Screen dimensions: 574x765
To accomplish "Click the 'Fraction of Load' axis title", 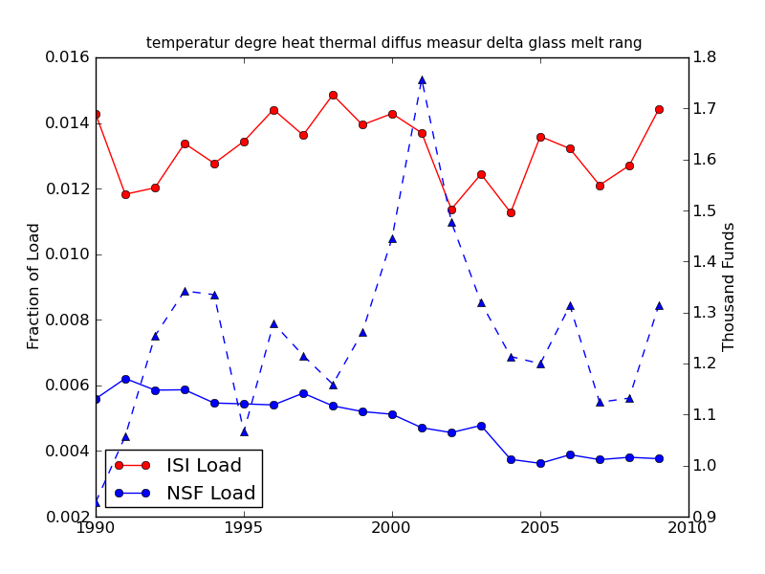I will pyautogui.click(x=34, y=286).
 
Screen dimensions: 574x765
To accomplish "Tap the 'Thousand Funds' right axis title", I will pyautogui.click(x=730, y=286).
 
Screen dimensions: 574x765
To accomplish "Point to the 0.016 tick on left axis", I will pyautogui.click(x=68, y=57).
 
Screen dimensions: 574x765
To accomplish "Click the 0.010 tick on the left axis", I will pyautogui.click(x=68, y=254).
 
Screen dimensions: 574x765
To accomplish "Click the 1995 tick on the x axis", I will pyautogui.click(x=244, y=527).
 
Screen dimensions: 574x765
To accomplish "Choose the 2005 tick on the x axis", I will pyautogui.click(x=540, y=527).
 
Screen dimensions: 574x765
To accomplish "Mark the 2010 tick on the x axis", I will pyautogui.click(x=688, y=527).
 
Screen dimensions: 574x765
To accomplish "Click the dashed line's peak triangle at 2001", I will pyautogui.click(x=422, y=80).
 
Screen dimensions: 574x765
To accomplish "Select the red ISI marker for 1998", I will pyautogui.click(x=333, y=95).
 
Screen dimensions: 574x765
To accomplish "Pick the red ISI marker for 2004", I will pyautogui.click(x=511, y=212).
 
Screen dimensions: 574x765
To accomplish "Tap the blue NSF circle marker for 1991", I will pyautogui.click(x=125, y=379).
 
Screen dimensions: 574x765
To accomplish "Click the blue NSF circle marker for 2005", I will pyautogui.click(x=540, y=463).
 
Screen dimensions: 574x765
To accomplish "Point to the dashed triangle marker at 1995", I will pyautogui.click(x=244, y=431).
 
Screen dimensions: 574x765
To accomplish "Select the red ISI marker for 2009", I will pyautogui.click(x=659, y=109).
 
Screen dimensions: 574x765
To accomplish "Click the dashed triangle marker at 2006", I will pyautogui.click(x=570, y=306).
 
